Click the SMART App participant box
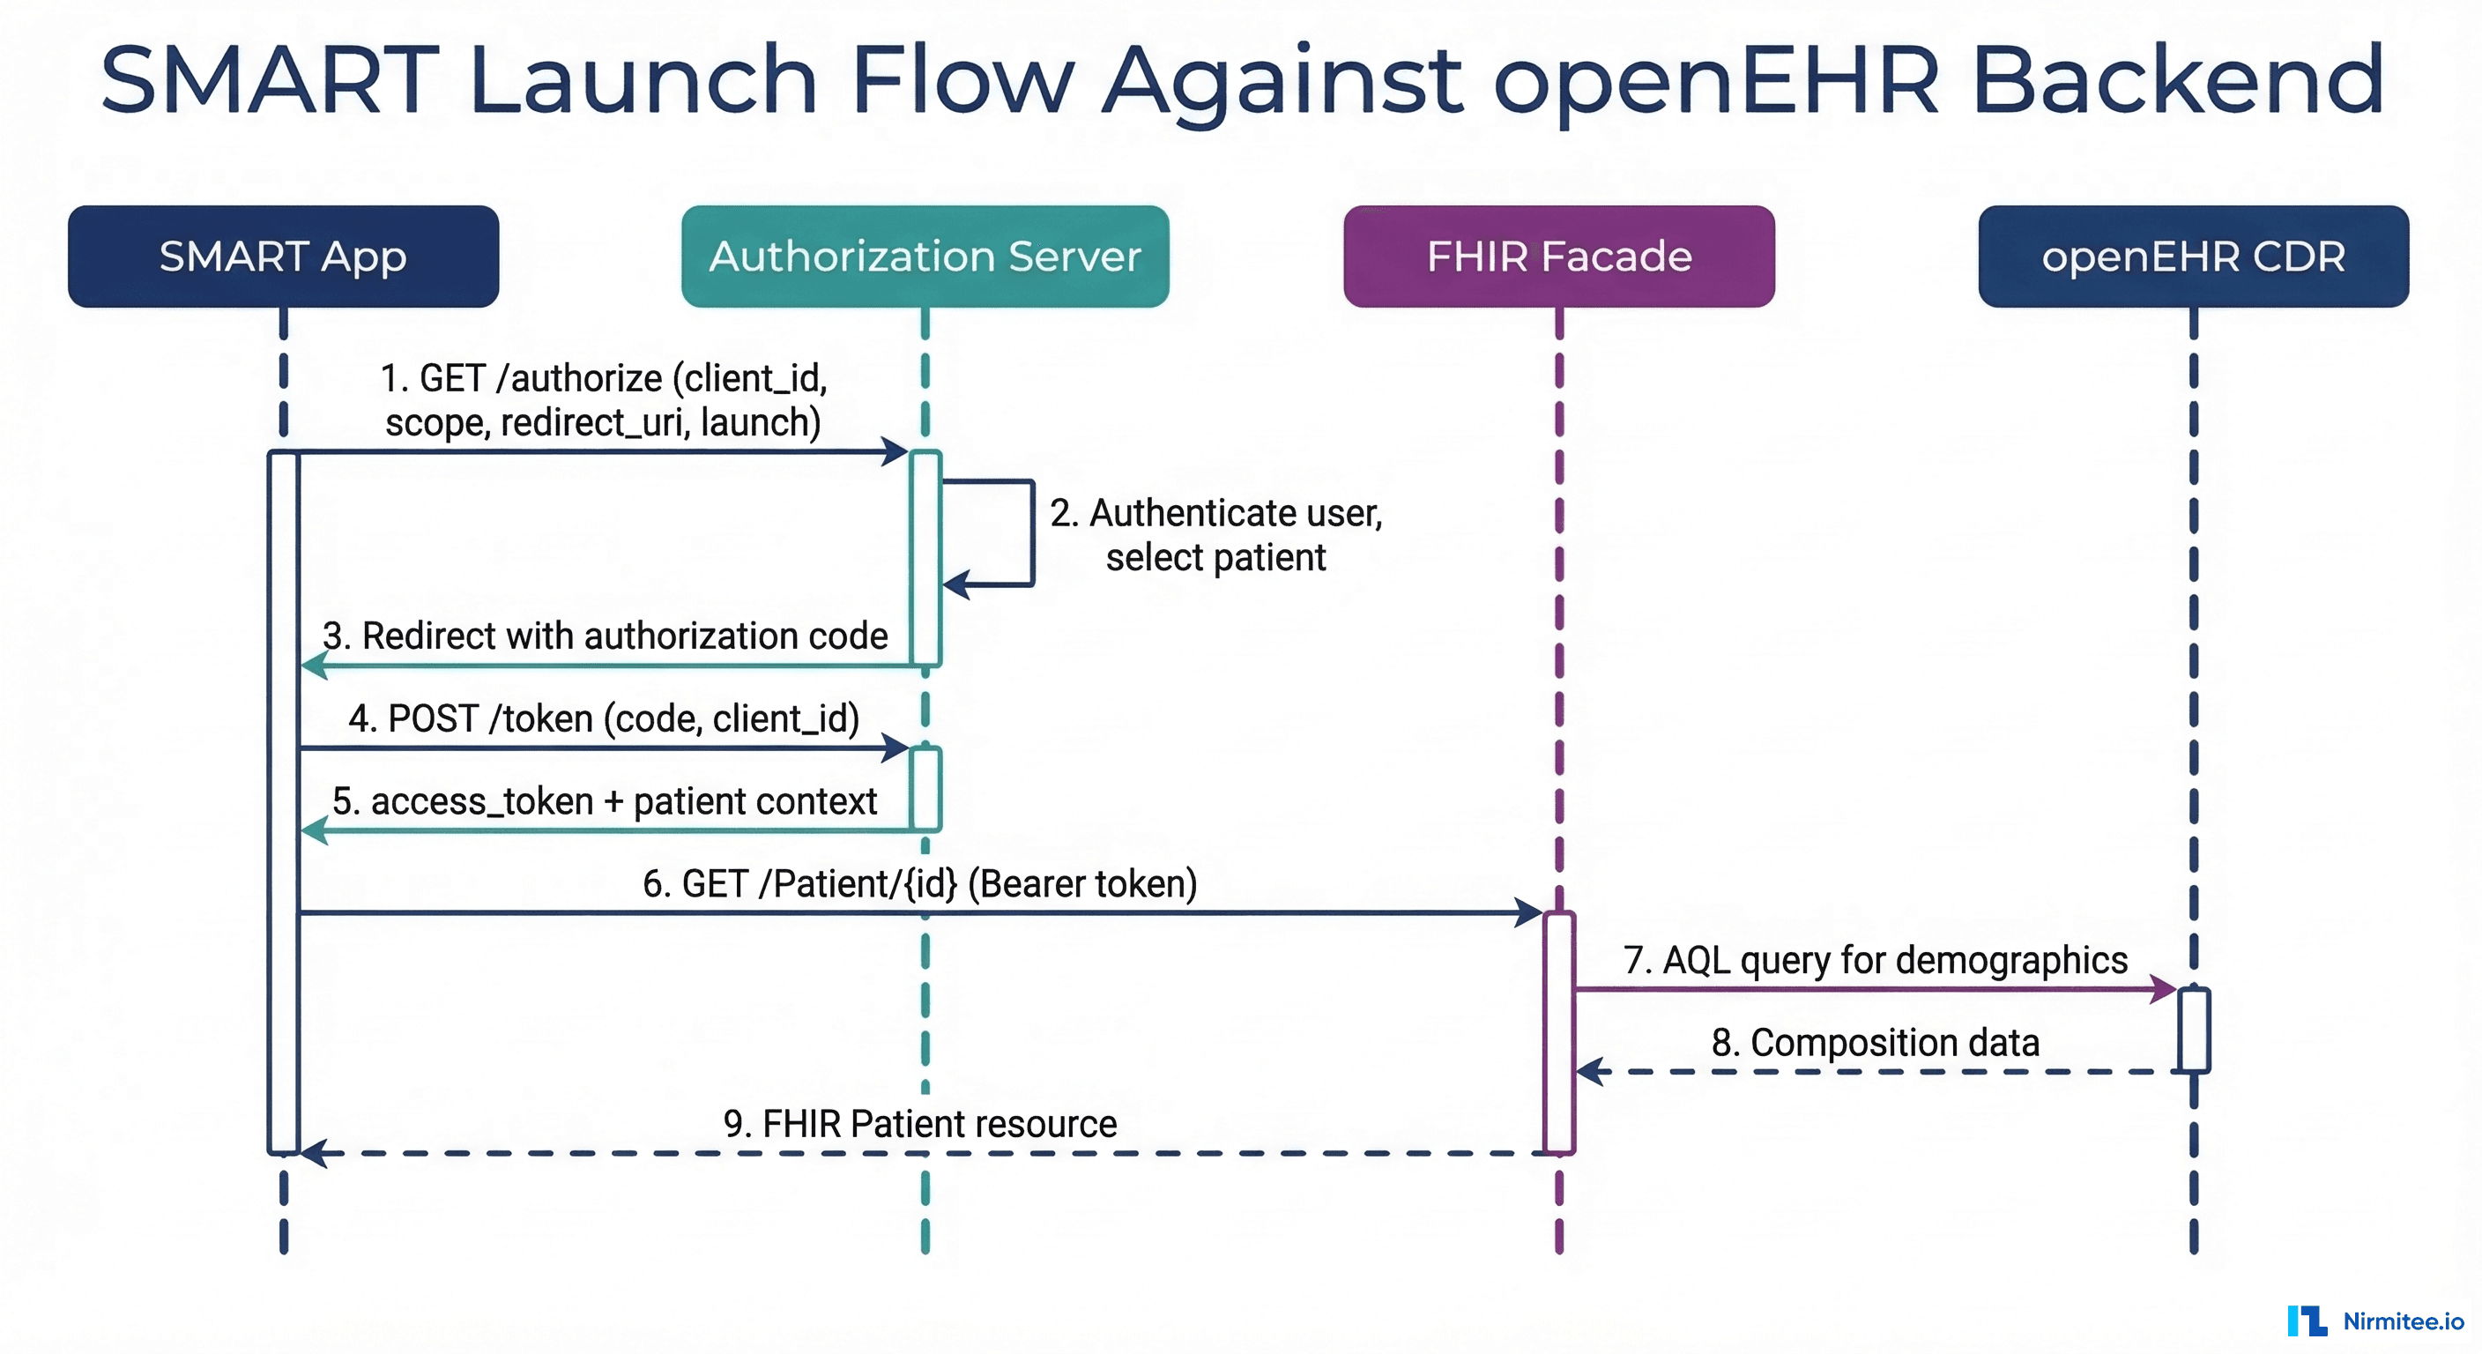(283, 257)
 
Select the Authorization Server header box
(925, 257)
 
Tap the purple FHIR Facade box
(1559, 257)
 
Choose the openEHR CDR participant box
(2193, 257)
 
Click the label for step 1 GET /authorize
(604, 400)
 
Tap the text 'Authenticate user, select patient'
(1216, 535)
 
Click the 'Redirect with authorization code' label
(606, 636)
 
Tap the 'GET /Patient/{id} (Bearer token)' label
(920, 883)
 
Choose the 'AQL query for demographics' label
(1875, 960)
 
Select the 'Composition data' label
(1875, 1043)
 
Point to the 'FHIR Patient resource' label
(920, 1125)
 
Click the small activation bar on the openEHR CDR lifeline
(2194, 1030)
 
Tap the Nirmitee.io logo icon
(2307, 1321)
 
